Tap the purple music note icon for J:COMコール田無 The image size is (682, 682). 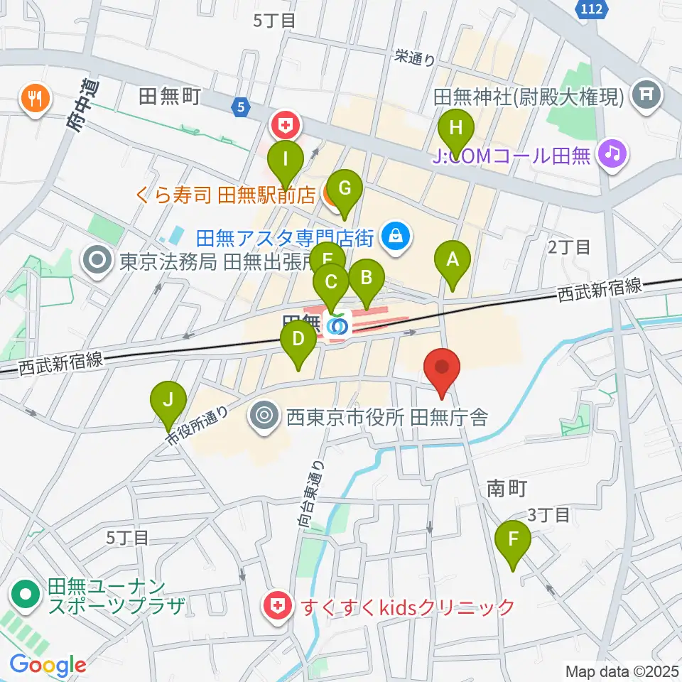(x=612, y=153)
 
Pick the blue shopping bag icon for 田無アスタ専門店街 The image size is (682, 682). (x=396, y=236)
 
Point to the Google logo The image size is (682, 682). (x=48, y=665)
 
